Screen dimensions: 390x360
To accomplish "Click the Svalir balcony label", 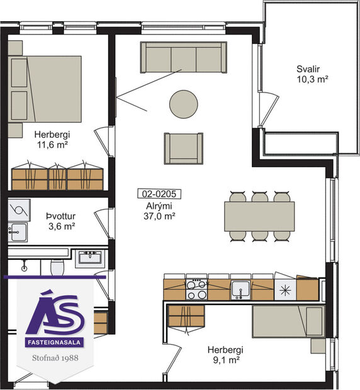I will tap(309, 69).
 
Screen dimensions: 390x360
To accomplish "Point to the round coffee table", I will tap(183, 104).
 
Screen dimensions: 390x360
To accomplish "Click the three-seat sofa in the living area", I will tap(183, 58).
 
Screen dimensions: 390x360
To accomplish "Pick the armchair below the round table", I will tap(183, 148).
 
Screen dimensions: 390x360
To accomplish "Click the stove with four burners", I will tap(196, 289).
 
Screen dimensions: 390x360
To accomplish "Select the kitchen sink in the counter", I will tap(240, 289).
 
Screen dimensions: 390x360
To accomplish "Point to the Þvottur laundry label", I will tap(60, 215).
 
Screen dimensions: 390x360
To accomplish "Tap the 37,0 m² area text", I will tap(158, 215).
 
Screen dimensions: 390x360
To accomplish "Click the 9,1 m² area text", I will tap(228, 361).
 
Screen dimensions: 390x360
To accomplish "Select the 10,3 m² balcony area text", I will tap(309, 80).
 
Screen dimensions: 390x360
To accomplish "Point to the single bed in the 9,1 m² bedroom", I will tap(288, 321).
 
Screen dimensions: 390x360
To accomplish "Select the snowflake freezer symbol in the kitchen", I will tap(284, 290).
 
